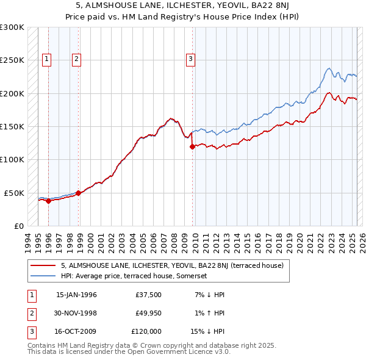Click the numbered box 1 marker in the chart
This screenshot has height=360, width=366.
pos(47,59)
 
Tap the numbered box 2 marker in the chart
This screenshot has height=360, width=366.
pos(76,59)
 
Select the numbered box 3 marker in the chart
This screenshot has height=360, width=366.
pos(190,59)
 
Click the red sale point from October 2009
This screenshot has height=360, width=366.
pos(192,146)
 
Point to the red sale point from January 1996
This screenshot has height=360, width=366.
pos(48,201)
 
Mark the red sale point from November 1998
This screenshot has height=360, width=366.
pos(78,193)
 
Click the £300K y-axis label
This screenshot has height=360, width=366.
pos(12,27)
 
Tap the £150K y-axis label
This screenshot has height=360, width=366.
pos(12,126)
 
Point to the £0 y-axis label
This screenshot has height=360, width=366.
pos(18,226)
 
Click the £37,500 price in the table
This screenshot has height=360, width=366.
pos(149,295)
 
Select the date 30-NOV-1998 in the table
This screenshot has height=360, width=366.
pos(76,313)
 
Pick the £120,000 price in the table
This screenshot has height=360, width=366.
pos(146,331)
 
